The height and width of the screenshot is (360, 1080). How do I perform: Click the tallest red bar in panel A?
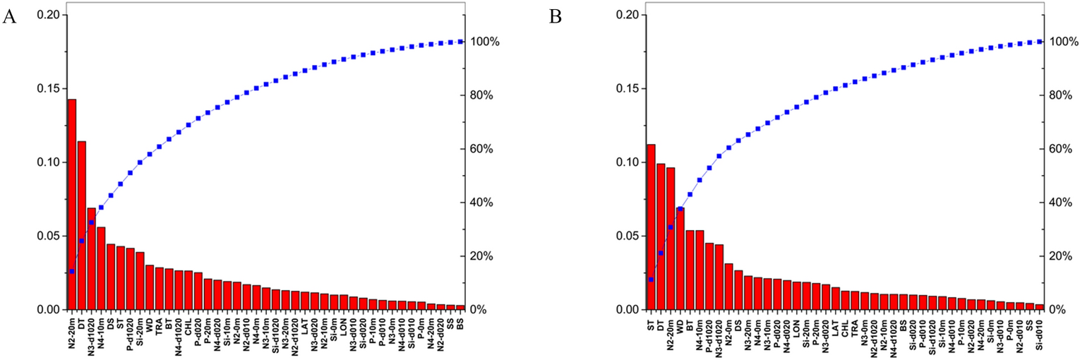pos(72,205)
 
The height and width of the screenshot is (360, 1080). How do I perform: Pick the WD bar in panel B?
pos(680,258)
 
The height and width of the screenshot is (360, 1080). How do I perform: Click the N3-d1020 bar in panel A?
pos(91,258)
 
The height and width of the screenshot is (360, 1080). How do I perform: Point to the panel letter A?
pos(9,17)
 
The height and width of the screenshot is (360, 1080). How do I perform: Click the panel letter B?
pos(556,17)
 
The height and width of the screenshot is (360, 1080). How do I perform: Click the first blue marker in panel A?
pos(72,271)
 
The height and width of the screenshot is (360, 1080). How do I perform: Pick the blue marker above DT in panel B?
pos(661,253)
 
